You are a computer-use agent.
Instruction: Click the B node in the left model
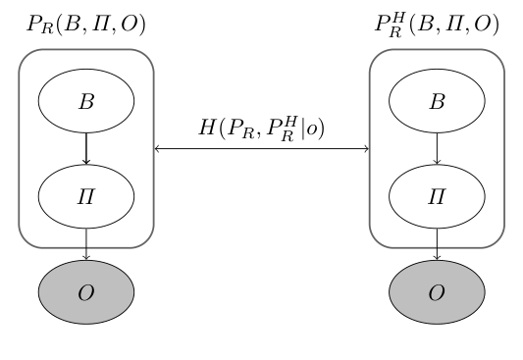tap(86, 101)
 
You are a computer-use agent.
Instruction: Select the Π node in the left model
tap(86, 196)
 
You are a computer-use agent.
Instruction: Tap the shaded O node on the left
tap(86, 291)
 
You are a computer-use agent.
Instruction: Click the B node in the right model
tap(437, 101)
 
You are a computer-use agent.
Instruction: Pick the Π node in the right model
tap(437, 196)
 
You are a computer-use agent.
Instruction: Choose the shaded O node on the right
tap(437, 291)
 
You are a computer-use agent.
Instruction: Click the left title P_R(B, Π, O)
tap(86, 26)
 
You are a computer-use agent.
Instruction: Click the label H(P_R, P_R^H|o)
tap(262, 128)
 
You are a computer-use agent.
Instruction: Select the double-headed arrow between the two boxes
tap(262, 149)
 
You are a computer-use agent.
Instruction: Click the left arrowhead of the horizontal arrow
tap(158, 149)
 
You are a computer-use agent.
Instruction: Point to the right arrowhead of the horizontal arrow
tap(366, 149)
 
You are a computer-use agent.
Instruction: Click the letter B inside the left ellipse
tap(86, 101)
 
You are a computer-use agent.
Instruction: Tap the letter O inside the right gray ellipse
tap(437, 291)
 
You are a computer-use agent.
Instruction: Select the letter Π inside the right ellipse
tap(437, 196)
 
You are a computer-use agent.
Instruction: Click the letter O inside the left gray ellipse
tap(86, 291)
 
